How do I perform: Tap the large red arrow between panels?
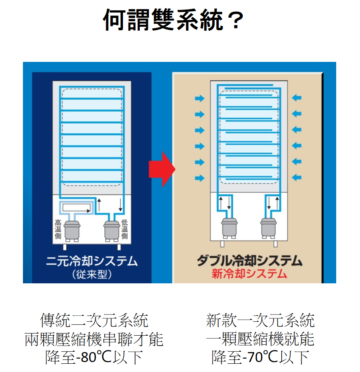161,169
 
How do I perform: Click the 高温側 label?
58,229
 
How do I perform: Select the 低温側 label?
125,229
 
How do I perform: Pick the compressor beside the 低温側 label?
111,230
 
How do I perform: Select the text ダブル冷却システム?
250,260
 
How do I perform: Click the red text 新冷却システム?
250,274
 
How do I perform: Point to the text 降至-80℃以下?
94,357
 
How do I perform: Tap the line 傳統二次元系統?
94,321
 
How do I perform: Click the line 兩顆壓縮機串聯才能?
94,339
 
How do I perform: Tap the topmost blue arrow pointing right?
199,98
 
